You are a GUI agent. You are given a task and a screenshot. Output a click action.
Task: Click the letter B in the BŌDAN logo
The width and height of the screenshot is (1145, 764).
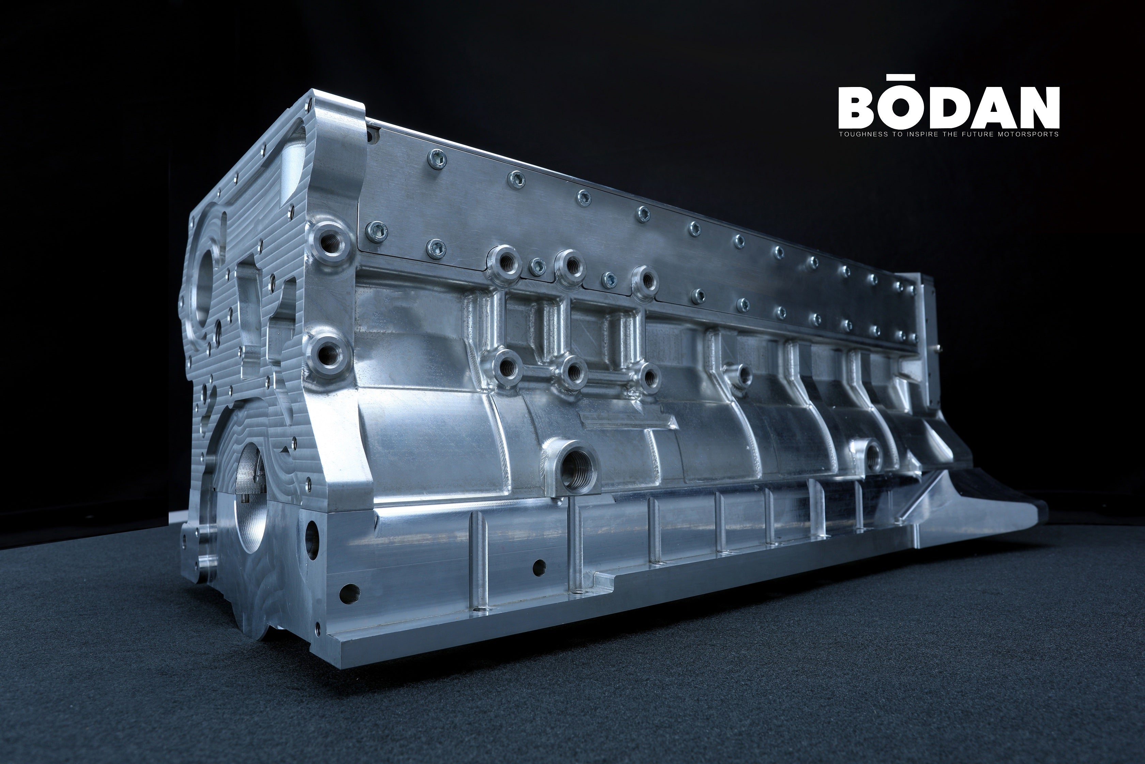[862, 107]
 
